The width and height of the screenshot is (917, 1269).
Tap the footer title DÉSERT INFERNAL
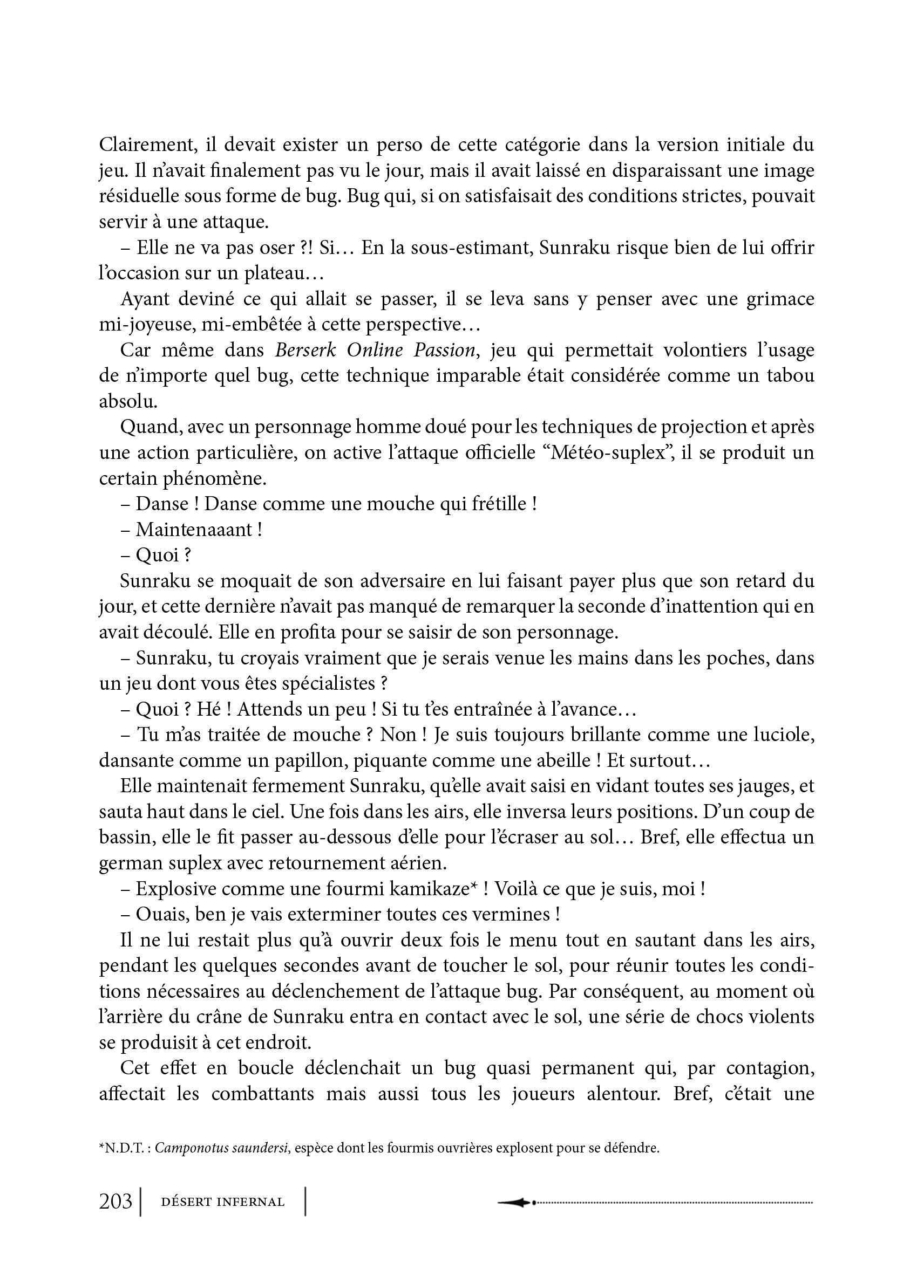(222, 1202)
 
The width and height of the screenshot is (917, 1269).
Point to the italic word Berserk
(305, 350)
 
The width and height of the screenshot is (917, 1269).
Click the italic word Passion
(445, 350)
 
